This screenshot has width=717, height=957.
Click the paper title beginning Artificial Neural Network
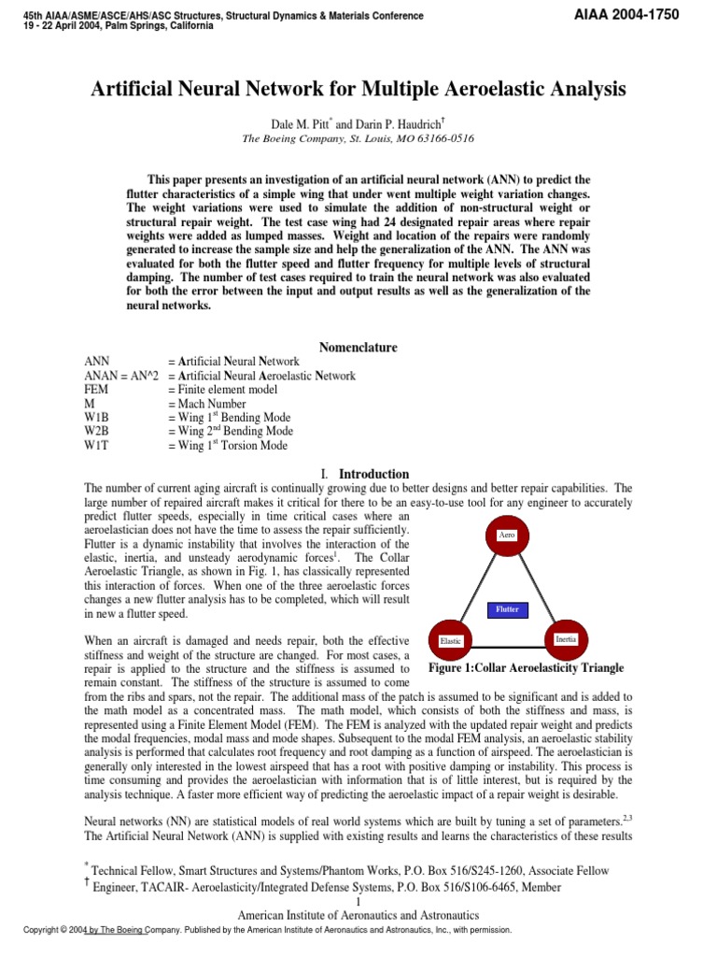click(x=358, y=90)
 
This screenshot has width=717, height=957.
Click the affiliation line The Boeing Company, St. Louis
click(x=358, y=137)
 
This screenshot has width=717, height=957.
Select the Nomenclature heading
click(x=358, y=348)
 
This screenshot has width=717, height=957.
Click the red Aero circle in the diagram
click(x=507, y=536)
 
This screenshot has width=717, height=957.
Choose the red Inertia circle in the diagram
click(x=565, y=638)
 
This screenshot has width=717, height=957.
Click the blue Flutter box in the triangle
click(x=508, y=609)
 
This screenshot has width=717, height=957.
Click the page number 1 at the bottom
click(x=358, y=901)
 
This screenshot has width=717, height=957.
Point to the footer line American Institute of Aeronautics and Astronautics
click(x=358, y=915)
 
